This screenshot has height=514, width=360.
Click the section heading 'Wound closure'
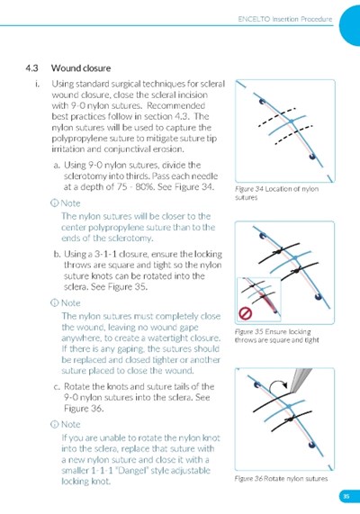click(81, 68)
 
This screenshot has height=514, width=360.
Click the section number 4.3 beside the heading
click(31, 68)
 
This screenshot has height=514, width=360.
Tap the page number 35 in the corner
click(346, 496)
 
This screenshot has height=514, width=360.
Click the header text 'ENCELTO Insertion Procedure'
click(285, 19)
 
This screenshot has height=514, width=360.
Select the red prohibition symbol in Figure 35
click(245, 313)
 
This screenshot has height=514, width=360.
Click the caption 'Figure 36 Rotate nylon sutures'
click(281, 479)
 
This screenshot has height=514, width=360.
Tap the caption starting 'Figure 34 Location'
click(276, 193)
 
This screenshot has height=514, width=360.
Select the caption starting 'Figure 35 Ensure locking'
click(276, 336)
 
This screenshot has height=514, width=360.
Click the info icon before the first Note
click(54, 203)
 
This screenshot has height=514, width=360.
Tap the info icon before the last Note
click(54, 425)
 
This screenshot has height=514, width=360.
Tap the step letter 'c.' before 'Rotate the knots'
click(57, 387)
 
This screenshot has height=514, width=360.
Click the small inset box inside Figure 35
click(259, 299)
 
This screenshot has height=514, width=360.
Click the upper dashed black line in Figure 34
click(277, 116)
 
